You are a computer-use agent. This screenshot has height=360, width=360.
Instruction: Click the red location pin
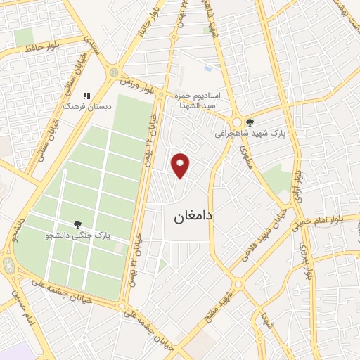181,165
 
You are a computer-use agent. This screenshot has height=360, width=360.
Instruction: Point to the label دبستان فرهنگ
82,106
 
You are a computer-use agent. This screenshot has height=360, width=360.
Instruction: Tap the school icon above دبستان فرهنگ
87,96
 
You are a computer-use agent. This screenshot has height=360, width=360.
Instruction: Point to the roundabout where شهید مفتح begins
238,285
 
